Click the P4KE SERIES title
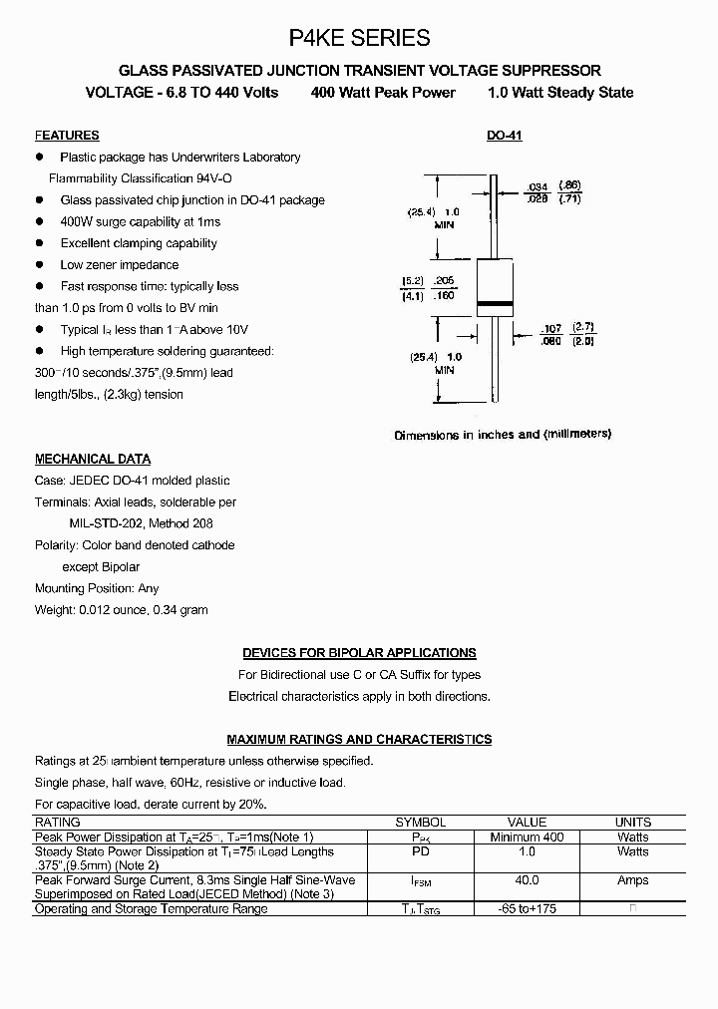[359, 38]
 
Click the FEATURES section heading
[67, 136]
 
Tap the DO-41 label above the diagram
[504, 136]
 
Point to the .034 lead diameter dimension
[537, 186]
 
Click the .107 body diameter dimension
[550, 328]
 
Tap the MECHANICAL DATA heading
[93, 460]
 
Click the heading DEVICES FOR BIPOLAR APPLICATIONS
[359, 653]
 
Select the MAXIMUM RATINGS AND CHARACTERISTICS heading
[359, 740]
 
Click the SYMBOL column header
[420, 823]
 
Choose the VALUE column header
[527, 823]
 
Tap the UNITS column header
[632, 823]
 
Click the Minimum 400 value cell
[527, 838]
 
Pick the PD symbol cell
[420, 851]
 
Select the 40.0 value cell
[527, 880]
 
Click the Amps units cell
[632, 880]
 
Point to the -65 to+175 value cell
[527, 909]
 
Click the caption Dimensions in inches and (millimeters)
[503, 435]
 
